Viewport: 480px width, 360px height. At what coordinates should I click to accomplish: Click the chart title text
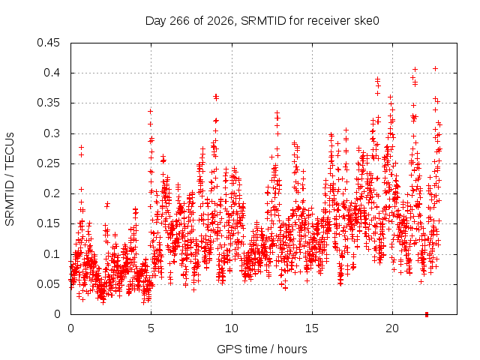262,21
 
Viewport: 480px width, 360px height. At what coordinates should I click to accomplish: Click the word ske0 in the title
367,21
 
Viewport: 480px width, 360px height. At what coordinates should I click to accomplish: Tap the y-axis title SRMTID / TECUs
10,179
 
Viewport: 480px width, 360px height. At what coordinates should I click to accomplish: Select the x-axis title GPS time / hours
262,349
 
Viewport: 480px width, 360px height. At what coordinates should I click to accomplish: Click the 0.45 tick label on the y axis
48,43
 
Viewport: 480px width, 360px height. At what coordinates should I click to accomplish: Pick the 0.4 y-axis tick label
52,73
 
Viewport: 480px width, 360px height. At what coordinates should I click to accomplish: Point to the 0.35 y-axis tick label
48,103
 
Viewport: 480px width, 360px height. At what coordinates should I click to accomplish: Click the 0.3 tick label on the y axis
52,133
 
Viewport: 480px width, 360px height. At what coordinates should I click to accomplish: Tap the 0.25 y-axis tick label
48,163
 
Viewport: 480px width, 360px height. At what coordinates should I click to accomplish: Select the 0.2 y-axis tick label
52,193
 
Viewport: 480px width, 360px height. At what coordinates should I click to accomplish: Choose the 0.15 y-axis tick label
48,223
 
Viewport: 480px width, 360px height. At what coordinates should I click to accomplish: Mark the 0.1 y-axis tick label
52,253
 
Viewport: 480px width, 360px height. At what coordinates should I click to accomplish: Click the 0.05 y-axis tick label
48,284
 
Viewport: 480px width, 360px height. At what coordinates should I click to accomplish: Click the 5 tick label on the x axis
151,328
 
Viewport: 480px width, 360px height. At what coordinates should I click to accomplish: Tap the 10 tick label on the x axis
232,328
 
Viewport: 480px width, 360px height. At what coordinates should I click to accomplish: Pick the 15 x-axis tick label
312,328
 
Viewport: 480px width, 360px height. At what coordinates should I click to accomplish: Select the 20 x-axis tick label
392,328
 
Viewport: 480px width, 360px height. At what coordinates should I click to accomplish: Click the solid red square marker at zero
427,314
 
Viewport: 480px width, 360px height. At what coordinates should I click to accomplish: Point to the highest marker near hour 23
435,68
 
